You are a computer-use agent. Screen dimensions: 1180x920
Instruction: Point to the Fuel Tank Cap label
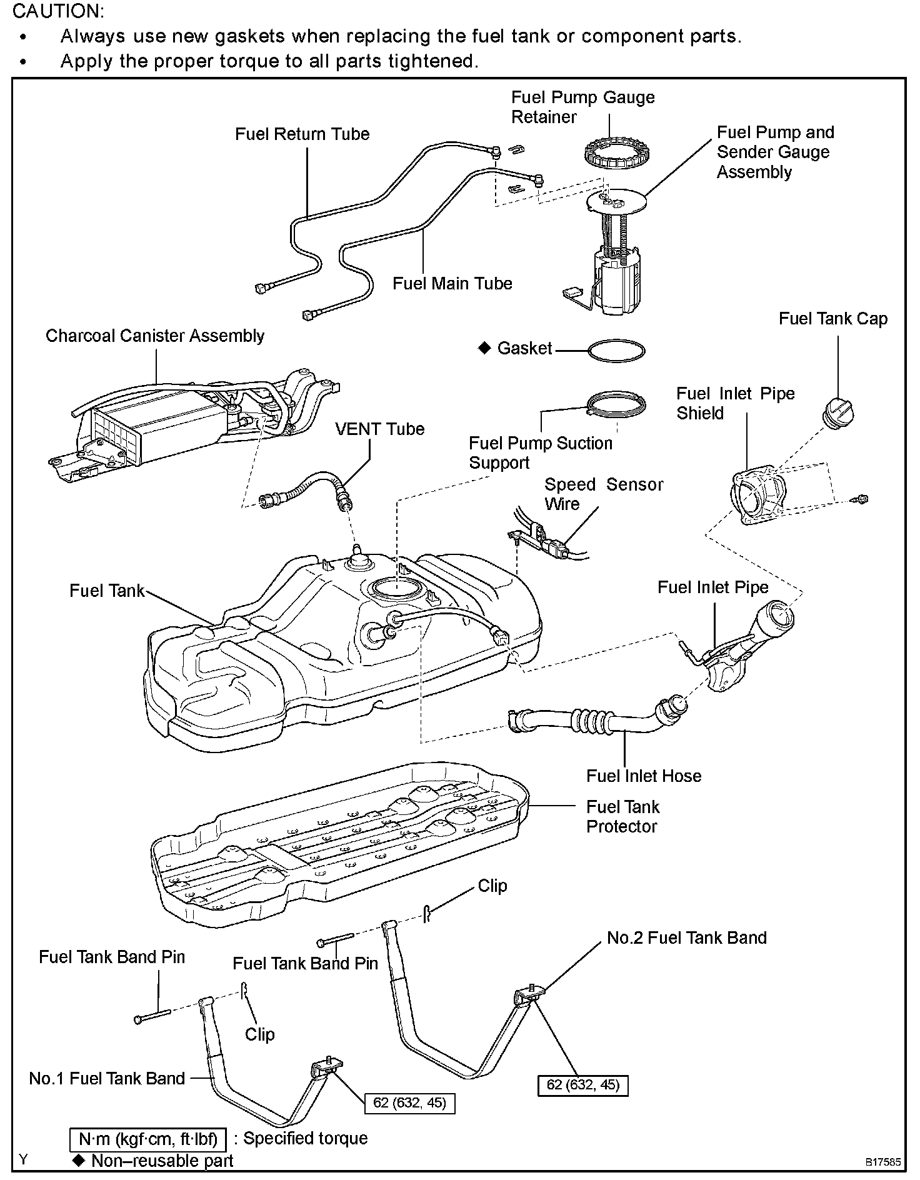click(832, 319)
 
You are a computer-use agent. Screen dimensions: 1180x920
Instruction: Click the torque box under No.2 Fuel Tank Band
click(582, 1085)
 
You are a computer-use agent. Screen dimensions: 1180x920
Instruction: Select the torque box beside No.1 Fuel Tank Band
click(409, 1102)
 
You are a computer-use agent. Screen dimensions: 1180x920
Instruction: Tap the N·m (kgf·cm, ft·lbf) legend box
click(147, 1139)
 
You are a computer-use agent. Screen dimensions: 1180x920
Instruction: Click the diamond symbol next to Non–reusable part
click(78, 1161)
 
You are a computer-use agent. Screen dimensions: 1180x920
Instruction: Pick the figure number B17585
click(882, 1162)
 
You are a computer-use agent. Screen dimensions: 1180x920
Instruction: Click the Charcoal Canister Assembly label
click(155, 336)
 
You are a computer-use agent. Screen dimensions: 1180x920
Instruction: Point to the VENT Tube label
click(379, 429)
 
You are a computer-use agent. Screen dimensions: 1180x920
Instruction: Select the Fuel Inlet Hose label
click(643, 776)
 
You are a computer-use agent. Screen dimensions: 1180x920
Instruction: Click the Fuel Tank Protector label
click(622, 817)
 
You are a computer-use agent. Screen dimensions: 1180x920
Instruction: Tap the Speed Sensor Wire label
click(603, 494)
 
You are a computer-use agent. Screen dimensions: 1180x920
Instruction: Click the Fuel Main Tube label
click(452, 284)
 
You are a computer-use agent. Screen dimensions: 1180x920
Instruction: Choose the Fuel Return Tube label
click(302, 134)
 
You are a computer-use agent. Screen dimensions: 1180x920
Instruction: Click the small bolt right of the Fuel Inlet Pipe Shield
click(862, 499)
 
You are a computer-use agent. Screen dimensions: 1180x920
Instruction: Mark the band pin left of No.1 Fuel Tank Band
click(152, 1016)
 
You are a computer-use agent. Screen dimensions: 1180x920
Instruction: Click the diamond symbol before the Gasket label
click(484, 347)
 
